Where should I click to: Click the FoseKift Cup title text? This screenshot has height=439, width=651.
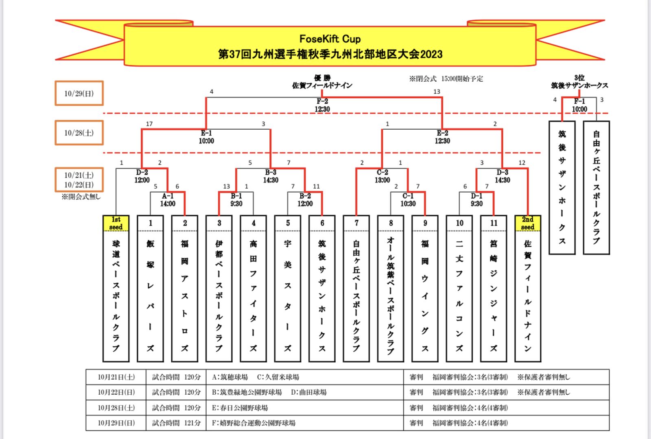click(x=330, y=39)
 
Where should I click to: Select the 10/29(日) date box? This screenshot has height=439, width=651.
click(x=79, y=93)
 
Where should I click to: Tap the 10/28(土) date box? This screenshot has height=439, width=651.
click(x=79, y=133)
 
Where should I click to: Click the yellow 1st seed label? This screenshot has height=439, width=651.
click(x=116, y=223)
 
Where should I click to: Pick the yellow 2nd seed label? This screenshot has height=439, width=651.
click(x=528, y=223)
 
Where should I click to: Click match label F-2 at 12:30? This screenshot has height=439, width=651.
click(x=322, y=105)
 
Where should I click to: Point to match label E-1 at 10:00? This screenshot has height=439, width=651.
click(x=206, y=137)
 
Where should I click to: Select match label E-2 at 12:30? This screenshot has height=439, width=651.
click(x=442, y=137)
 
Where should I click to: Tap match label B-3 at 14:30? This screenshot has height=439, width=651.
click(x=271, y=176)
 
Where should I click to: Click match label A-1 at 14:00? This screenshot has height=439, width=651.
click(x=168, y=200)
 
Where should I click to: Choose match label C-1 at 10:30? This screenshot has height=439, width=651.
click(x=408, y=200)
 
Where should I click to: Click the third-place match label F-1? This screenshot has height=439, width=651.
click(x=579, y=105)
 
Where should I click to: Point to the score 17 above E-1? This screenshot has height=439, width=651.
click(x=149, y=124)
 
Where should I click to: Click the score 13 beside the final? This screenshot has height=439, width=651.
click(x=437, y=92)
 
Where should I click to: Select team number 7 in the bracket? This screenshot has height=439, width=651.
click(x=356, y=223)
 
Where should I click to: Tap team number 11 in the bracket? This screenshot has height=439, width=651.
click(x=494, y=223)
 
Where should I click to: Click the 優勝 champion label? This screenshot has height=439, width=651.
click(x=322, y=78)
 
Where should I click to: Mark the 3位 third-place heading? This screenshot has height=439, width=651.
click(x=579, y=78)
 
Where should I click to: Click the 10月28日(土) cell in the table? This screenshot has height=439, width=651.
click(x=116, y=408)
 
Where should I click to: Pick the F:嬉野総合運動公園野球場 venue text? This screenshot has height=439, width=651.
click(x=253, y=423)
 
